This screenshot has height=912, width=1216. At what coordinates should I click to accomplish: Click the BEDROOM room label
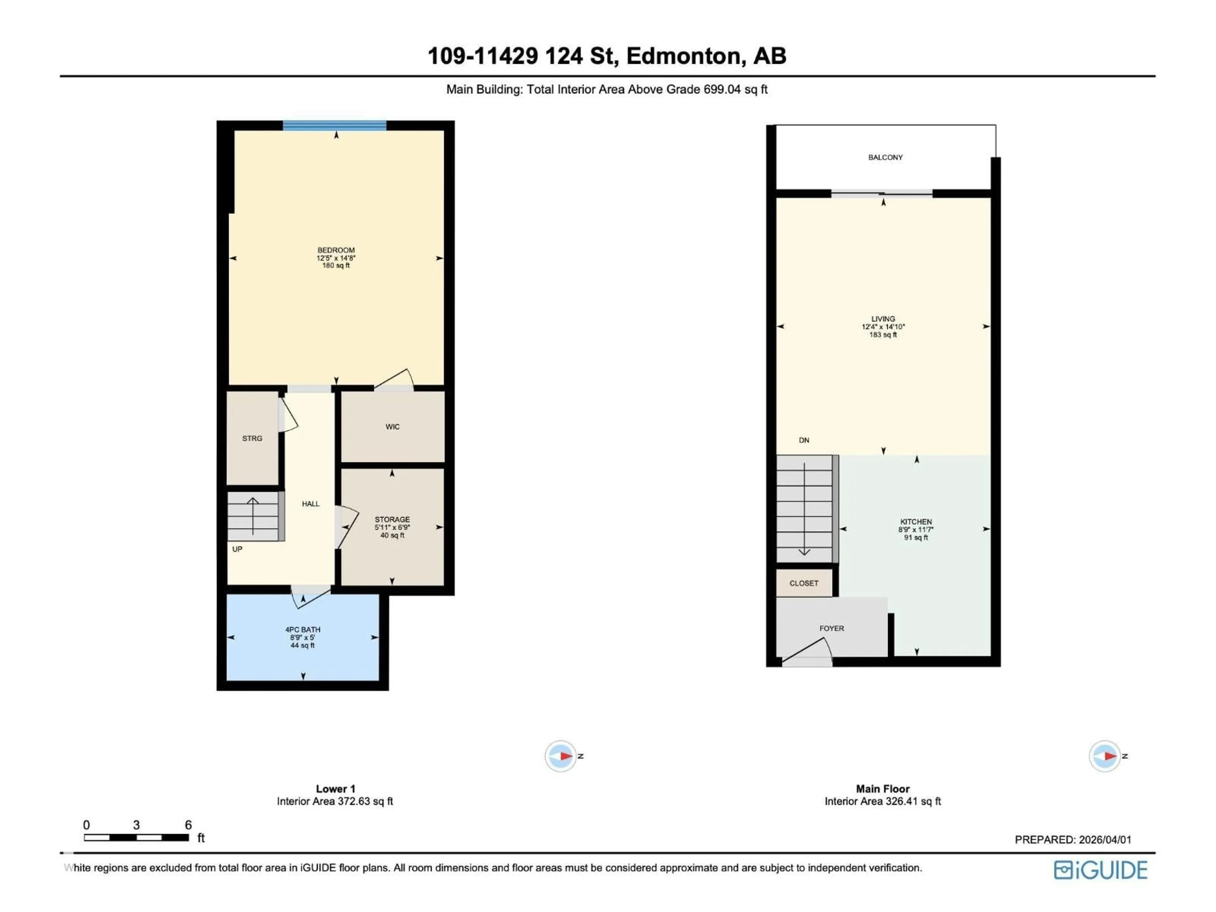pyautogui.click(x=336, y=250)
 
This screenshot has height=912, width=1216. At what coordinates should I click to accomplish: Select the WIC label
pyautogui.click(x=392, y=427)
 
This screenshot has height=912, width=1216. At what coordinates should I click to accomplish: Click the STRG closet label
pyautogui.click(x=252, y=438)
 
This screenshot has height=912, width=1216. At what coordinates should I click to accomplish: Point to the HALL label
pyautogui.click(x=311, y=503)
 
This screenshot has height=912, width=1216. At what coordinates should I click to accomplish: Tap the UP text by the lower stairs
pyautogui.click(x=237, y=549)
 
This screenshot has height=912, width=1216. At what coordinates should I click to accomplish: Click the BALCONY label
pyautogui.click(x=885, y=157)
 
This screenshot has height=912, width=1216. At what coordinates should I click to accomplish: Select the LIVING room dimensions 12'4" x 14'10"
pyautogui.click(x=883, y=326)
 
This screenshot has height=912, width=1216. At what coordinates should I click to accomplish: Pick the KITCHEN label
pyautogui.click(x=916, y=522)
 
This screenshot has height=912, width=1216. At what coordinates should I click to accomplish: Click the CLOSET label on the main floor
pyautogui.click(x=804, y=583)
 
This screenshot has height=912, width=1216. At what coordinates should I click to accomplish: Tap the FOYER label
pyautogui.click(x=831, y=628)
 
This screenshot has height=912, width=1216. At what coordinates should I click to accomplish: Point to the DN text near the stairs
pyautogui.click(x=804, y=440)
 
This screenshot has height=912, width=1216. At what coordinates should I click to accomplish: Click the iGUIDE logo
pyautogui.click(x=1100, y=870)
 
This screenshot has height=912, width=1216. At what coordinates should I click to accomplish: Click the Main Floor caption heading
pyautogui.click(x=882, y=789)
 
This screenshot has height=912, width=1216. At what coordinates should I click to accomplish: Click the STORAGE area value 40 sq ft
pyautogui.click(x=392, y=535)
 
